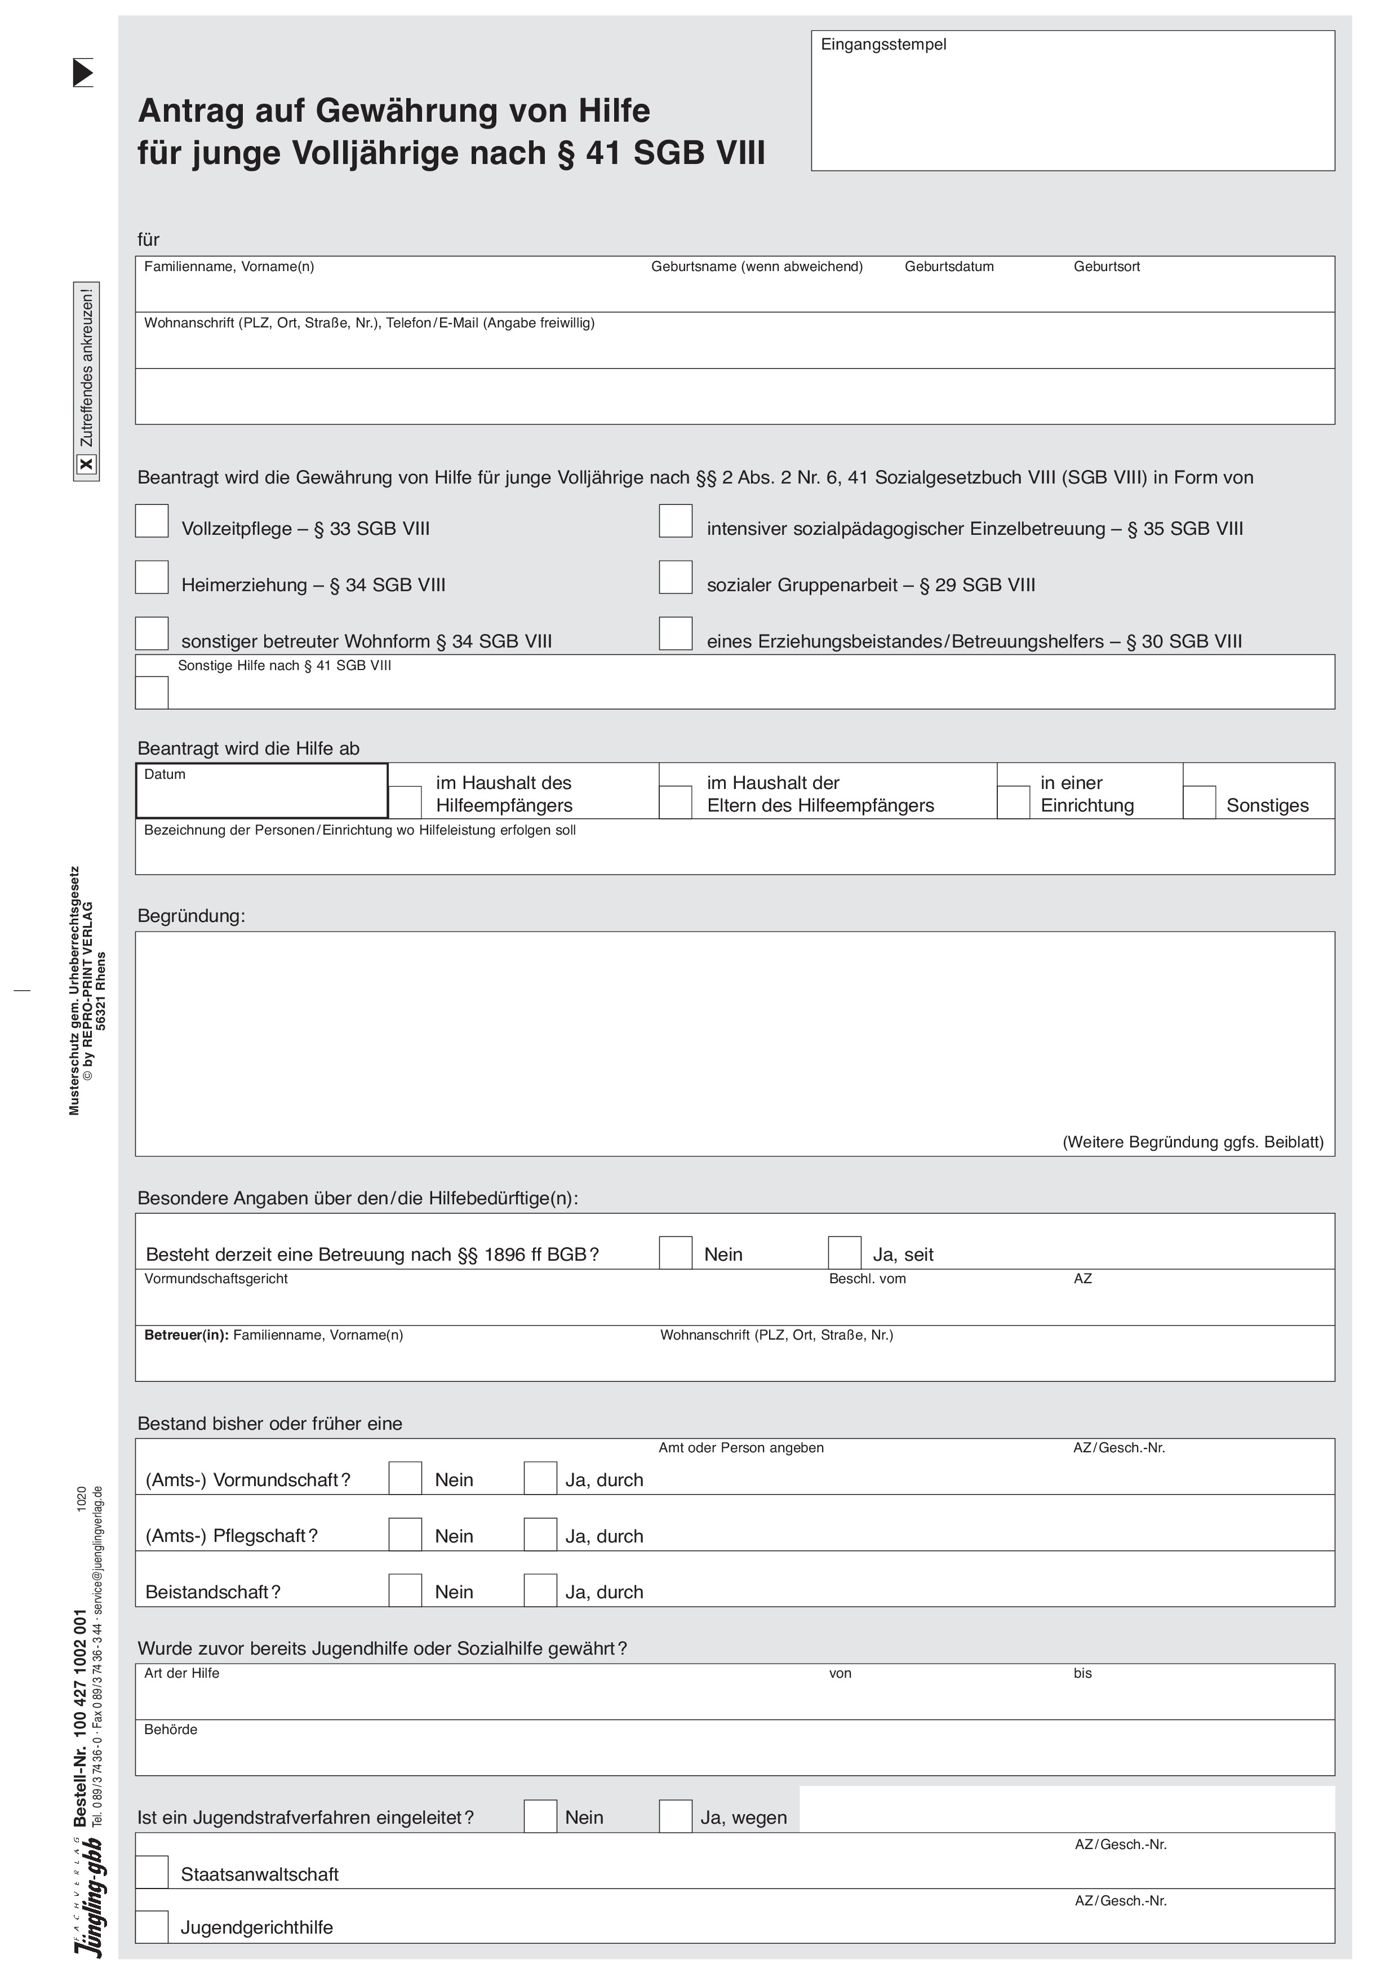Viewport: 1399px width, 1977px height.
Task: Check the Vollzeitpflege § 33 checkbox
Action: [152, 521]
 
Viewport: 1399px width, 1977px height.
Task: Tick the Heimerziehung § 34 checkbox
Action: [152, 577]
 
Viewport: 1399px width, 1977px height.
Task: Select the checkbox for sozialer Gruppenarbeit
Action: [676, 577]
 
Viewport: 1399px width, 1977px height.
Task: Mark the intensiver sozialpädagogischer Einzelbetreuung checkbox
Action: [676, 521]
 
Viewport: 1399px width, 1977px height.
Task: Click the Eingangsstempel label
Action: [883, 45]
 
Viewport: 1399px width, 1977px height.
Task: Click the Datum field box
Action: [261, 791]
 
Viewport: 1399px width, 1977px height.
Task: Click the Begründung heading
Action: [191, 916]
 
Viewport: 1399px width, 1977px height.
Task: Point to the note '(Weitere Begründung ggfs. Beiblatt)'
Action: [1192, 1142]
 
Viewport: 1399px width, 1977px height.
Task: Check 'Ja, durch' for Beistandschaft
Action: [540, 1590]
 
